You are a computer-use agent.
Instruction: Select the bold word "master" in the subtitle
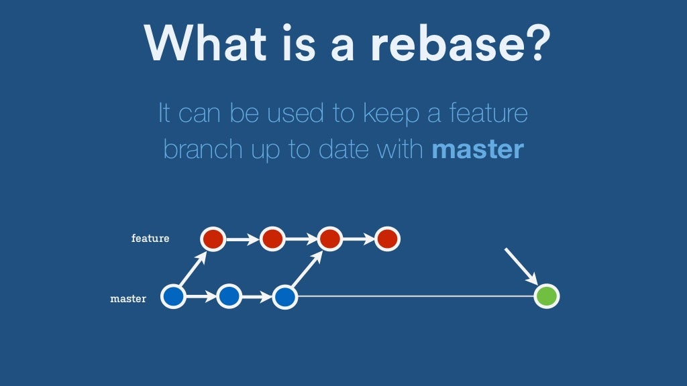click(477, 148)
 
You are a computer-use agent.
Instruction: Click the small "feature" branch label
click(150, 238)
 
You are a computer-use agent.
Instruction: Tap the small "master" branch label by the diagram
click(128, 298)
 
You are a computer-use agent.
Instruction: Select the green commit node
click(546, 296)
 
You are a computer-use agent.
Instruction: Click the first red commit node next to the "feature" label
click(213, 238)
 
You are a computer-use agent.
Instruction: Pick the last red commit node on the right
click(387, 238)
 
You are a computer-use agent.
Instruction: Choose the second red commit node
click(272, 238)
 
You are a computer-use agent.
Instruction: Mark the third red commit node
click(329, 238)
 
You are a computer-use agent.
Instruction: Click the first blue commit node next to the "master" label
click(174, 296)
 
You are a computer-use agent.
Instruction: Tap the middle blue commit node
click(229, 296)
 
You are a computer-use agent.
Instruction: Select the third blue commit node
click(284, 296)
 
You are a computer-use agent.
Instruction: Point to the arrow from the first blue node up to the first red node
click(192, 269)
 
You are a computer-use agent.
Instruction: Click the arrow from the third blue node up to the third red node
click(306, 269)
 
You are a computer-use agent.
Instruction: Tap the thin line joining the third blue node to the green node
click(416, 296)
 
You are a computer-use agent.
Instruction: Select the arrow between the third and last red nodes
click(358, 238)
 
